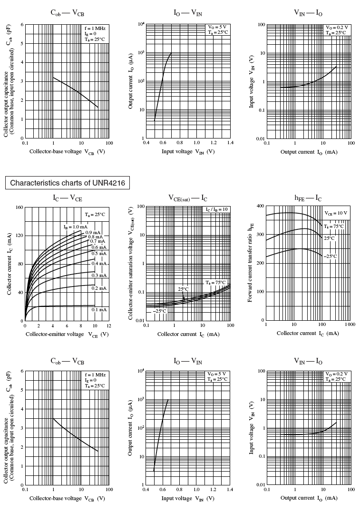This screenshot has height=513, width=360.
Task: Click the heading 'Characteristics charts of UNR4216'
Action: click(x=67, y=183)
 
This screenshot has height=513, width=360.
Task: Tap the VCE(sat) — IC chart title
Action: click(x=187, y=198)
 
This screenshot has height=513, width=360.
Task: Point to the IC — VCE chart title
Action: click(x=67, y=197)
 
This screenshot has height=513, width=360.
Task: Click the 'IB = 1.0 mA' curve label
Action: click(x=76, y=227)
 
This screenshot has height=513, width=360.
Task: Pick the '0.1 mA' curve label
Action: click(x=99, y=309)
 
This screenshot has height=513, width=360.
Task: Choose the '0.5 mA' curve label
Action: click(x=99, y=254)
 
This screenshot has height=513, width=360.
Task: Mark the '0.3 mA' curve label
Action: click(x=99, y=276)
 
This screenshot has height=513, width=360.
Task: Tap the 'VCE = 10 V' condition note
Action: click(x=336, y=213)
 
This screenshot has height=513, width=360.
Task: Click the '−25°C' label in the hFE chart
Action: click(x=330, y=256)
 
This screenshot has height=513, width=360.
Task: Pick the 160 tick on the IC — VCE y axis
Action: click(x=19, y=207)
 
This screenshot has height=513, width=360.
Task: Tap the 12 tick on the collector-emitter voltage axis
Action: click(x=108, y=326)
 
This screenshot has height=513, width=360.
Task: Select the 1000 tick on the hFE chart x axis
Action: click(x=350, y=325)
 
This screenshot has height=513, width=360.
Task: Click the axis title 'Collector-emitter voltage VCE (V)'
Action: click(x=67, y=334)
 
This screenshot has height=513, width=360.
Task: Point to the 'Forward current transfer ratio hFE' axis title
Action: click(x=250, y=263)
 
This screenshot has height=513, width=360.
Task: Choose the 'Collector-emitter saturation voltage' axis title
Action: click(x=131, y=263)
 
